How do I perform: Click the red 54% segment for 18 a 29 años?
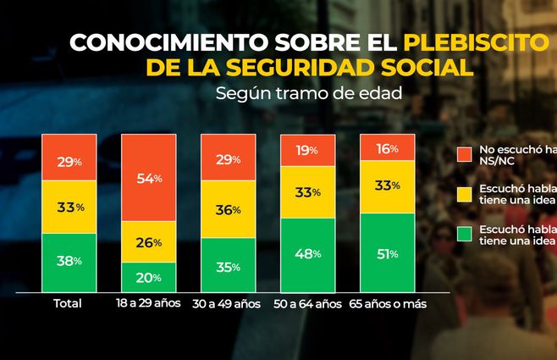pyautogui.click(x=148, y=178)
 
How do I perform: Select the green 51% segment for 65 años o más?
pyautogui.click(x=388, y=252)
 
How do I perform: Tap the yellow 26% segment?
pyautogui.click(x=148, y=242)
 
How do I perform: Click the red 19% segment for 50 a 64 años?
pyautogui.click(x=307, y=150)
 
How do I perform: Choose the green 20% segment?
pyautogui.click(x=148, y=275)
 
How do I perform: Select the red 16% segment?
pyautogui.click(x=388, y=147)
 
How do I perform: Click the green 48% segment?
pyautogui.click(x=307, y=253)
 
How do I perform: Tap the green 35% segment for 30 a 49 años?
pyautogui.click(x=228, y=266)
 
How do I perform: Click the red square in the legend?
pyautogui.click(x=463, y=155)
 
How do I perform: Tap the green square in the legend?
pyautogui.click(x=463, y=235)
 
